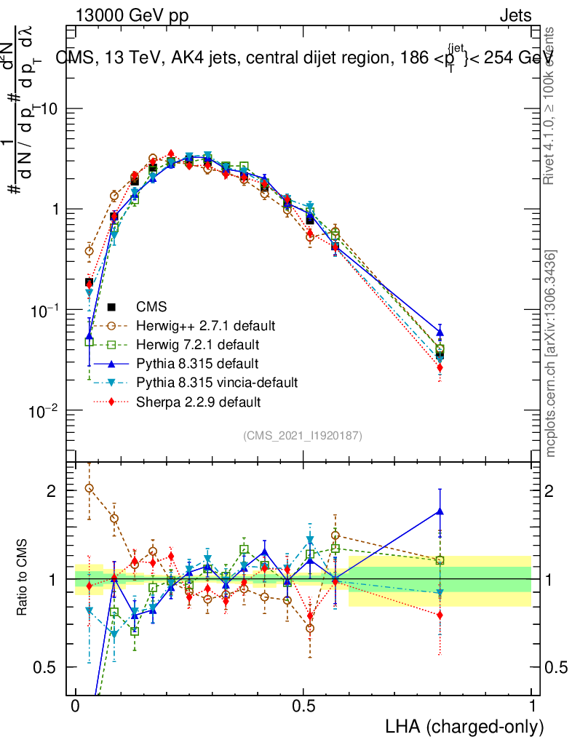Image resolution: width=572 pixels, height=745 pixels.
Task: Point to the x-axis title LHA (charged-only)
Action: point(464,727)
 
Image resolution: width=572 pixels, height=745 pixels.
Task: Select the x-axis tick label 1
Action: point(532,706)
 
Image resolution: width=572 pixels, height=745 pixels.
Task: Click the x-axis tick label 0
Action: point(75,706)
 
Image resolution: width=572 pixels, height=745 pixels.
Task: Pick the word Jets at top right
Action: point(515,15)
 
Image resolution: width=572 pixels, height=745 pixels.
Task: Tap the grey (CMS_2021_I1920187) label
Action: point(303,435)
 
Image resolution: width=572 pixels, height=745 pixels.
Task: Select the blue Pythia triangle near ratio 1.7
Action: point(440,511)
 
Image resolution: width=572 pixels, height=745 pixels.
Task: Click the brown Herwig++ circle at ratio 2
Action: point(89,488)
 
